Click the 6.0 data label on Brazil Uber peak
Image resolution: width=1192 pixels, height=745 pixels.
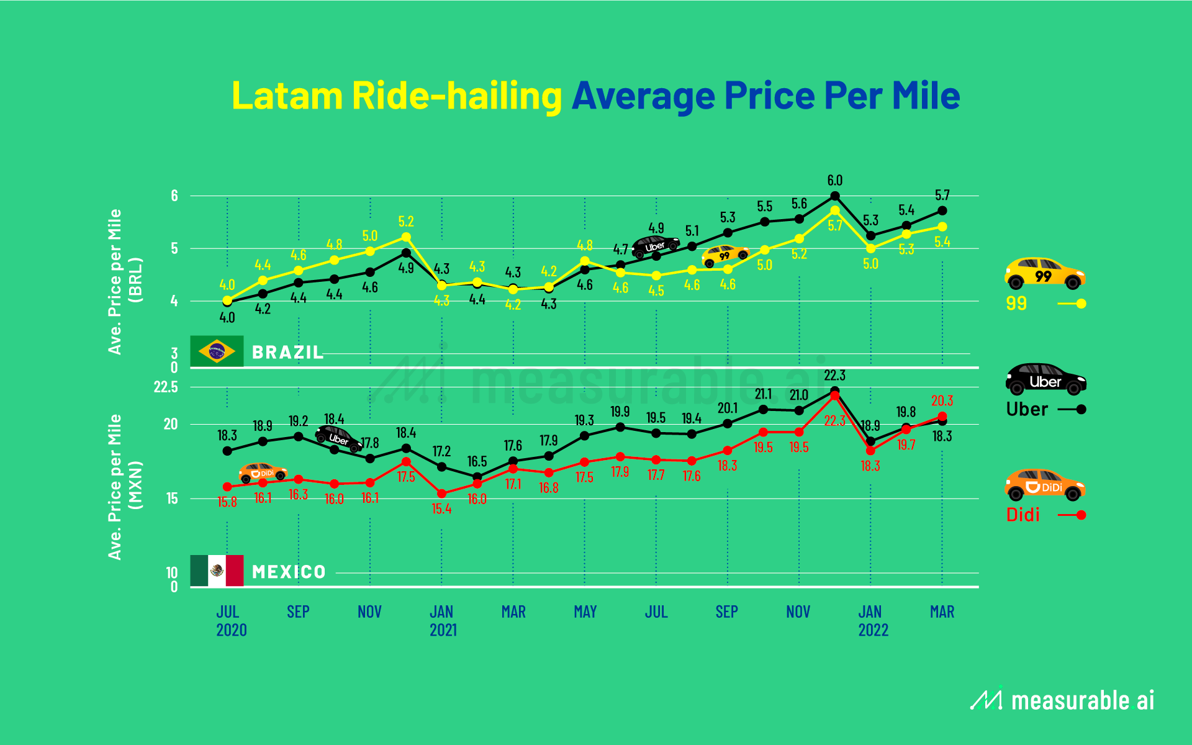click(x=834, y=181)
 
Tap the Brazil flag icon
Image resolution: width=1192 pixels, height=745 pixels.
click(x=217, y=351)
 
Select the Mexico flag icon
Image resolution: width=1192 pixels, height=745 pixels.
click(x=217, y=571)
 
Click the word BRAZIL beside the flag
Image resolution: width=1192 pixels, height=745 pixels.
click(x=287, y=353)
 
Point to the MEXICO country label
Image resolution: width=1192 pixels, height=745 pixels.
click(x=289, y=572)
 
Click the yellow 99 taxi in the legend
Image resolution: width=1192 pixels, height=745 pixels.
click(x=1044, y=274)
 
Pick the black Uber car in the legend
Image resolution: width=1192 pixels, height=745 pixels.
click(x=1045, y=379)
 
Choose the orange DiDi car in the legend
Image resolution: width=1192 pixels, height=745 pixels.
click(x=1044, y=485)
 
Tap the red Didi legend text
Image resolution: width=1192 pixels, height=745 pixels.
click(x=1023, y=515)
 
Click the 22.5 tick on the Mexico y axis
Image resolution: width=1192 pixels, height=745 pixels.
click(x=166, y=387)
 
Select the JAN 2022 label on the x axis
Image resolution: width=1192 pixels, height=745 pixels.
click(x=872, y=621)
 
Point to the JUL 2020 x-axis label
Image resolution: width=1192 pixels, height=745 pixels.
click(x=230, y=621)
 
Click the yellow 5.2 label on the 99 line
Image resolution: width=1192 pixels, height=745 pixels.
click(x=405, y=222)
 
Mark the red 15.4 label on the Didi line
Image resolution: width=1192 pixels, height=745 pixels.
click(x=441, y=509)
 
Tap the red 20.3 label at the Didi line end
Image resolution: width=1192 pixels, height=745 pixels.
click(x=942, y=401)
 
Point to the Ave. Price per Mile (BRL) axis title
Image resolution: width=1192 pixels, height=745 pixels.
click(x=125, y=282)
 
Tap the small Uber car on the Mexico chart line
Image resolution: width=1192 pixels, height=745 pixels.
click(x=338, y=438)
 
